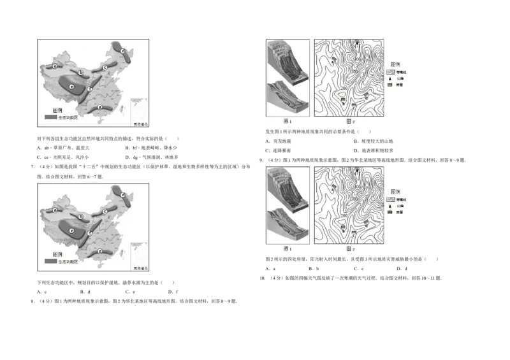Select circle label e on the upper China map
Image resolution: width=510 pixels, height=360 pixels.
[x=73, y=87]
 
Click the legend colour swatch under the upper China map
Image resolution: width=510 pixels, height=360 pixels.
[x=50, y=118]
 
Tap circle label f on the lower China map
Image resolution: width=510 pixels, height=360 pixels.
[x=90, y=233]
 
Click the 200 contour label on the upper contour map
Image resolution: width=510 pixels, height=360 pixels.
[x=345, y=88]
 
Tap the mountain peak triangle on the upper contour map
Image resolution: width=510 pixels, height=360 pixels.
[x=358, y=43]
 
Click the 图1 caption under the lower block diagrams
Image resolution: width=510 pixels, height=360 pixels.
[x=287, y=248]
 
